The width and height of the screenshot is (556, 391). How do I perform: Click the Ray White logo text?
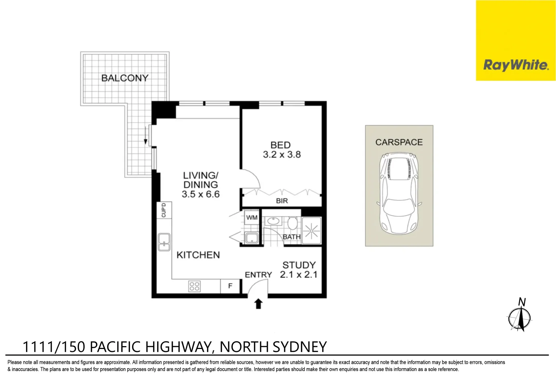click(515, 65)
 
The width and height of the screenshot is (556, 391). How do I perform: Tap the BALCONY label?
click(125, 78)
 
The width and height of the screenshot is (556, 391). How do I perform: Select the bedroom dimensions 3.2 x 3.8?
click(282, 155)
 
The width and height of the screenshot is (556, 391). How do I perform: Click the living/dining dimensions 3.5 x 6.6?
click(201, 194)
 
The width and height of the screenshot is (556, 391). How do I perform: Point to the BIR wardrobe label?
click(282, 201)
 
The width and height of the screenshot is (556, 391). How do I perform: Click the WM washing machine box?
click(252, 218)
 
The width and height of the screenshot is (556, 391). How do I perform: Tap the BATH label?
click(291, 237)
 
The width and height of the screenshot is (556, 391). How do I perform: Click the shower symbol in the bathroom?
click(311, 231)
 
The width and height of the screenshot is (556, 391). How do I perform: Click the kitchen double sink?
click(164, 242)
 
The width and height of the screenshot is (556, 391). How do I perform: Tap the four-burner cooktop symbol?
click(194, 286)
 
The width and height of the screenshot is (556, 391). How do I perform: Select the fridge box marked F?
click(230, 286)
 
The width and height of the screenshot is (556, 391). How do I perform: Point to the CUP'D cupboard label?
click(164, 210)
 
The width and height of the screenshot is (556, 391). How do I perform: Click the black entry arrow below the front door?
click(258, 304)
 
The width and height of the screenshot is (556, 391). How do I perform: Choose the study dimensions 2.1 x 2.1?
click(299, 275)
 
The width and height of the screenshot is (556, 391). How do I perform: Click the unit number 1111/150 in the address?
click(54, 347)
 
